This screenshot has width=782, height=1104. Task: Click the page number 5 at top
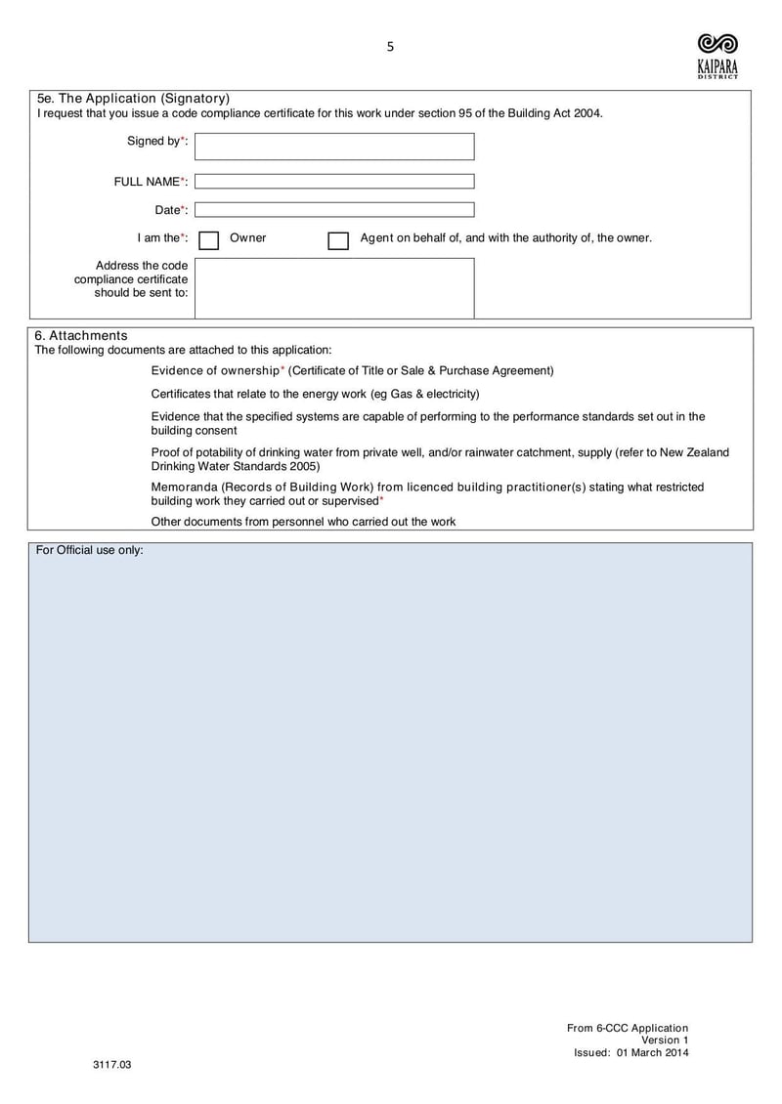(x=390, y=46)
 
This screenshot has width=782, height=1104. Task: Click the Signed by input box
(x=334, y=147)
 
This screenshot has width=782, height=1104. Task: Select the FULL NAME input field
(x=334, y=182)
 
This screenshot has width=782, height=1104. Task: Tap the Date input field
(x=334, y=210)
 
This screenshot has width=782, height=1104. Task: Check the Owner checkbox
(x=208, y=240)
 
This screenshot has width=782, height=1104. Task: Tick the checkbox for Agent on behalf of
(x=338, y=240)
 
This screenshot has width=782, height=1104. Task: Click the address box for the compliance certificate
(x=334, y=288)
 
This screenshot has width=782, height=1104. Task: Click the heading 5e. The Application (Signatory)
(x=133, y=99)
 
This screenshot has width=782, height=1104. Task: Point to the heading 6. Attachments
(x=81, y=335)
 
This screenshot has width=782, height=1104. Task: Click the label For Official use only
(x=90, y=550)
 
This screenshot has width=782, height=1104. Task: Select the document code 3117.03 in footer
(x=111, y=1064)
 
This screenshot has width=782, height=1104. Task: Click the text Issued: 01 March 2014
(x=630, y=1052)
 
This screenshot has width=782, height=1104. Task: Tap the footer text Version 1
(x=665, y=1040)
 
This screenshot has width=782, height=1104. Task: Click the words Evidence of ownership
(x=215, y=370)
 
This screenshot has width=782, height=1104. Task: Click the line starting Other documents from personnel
(x=303, y=522)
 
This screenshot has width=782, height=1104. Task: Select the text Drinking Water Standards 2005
(x=235, y=466)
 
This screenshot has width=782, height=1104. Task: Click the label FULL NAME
(x=148, y=182)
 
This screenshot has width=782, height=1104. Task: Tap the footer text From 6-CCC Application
(x=628, y=1028)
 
